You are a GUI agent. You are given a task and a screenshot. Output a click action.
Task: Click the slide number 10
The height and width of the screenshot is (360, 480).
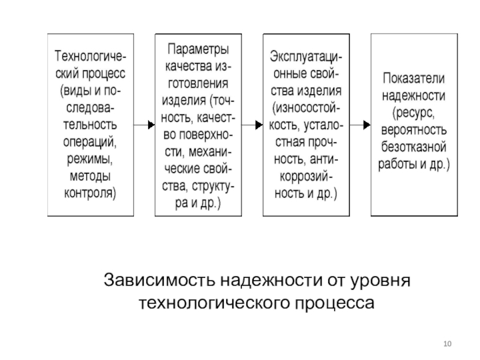pos(447,344)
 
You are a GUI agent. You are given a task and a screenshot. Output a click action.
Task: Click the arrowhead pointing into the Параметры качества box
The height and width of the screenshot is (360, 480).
pos(152,125)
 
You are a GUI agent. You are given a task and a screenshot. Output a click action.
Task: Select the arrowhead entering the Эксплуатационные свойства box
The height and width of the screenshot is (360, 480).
pos(259,125)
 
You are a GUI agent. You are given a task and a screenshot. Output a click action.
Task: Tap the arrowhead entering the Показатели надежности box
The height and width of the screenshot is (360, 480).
pos(367,125)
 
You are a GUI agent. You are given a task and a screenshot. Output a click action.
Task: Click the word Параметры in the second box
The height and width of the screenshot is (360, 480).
pos(198,49)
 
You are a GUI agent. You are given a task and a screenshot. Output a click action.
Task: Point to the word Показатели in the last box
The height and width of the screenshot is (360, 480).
pos(413,79)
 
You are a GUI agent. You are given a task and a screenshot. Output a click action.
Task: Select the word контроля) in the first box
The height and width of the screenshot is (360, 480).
pos(90,193)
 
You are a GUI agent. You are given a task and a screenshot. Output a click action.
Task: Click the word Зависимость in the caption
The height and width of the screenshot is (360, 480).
pos(159,280)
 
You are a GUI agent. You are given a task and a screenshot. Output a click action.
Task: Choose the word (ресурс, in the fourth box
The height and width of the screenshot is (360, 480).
pos(413,113)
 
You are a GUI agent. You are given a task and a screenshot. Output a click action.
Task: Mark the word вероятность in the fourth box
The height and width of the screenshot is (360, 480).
pos(413,130)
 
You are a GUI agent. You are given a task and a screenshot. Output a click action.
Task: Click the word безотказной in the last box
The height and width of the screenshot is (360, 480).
pos(413,147)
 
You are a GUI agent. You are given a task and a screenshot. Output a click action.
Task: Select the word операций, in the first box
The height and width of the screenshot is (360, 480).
pos(90,142)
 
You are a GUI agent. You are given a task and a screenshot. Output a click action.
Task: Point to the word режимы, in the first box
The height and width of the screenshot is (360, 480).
pos(90,159)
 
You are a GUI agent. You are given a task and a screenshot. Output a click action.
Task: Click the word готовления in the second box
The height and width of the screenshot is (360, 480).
pos(198,83)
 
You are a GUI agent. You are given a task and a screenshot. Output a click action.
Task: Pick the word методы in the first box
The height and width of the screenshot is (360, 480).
pos(90,176)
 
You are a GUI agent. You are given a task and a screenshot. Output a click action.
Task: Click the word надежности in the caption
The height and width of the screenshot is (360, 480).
pos(271,280)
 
